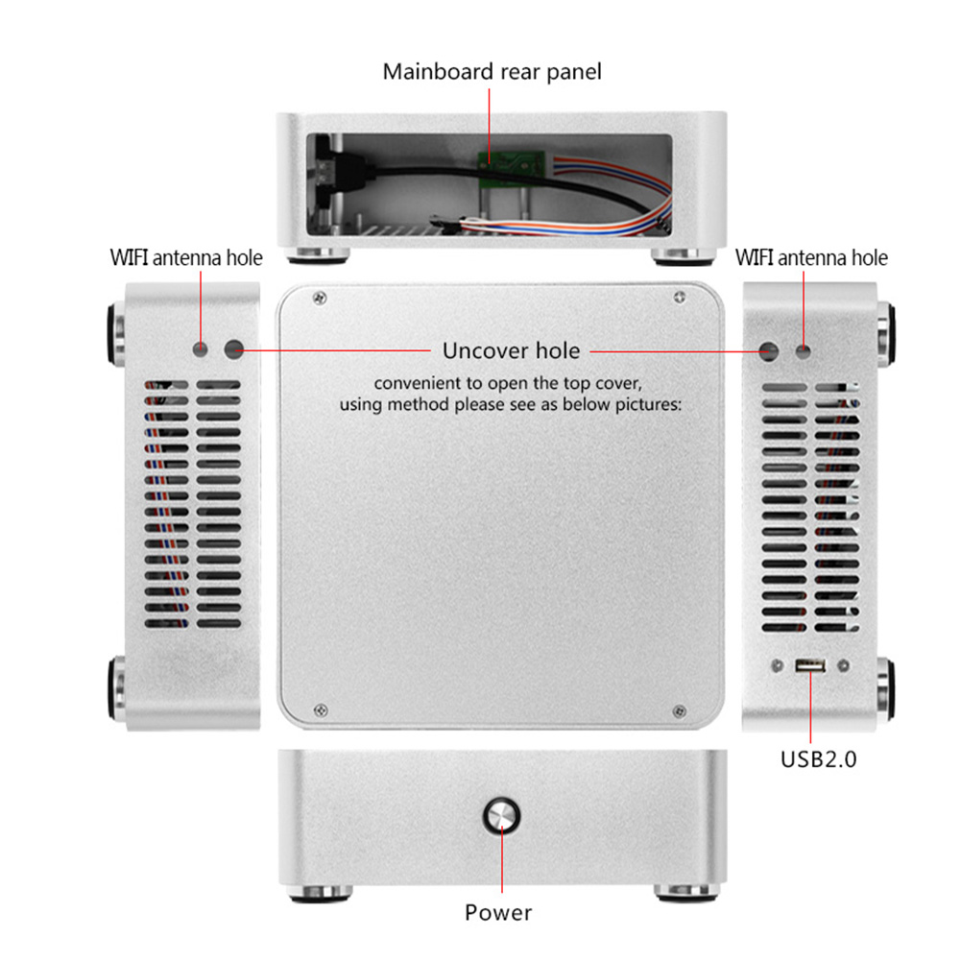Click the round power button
501,815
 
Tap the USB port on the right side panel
809,665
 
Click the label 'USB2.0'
818,758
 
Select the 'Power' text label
497,912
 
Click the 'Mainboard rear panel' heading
492,72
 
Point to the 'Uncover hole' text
511,350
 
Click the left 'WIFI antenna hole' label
185,257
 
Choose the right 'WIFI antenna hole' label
811,257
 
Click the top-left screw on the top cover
320,299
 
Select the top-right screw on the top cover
679,298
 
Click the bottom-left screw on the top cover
320,710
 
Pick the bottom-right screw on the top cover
679,711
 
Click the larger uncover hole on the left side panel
233,349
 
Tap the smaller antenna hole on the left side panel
201,349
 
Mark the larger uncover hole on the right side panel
769,351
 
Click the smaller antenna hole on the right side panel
803,351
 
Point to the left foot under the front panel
321,894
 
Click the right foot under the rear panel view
684,256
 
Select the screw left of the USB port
777,665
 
